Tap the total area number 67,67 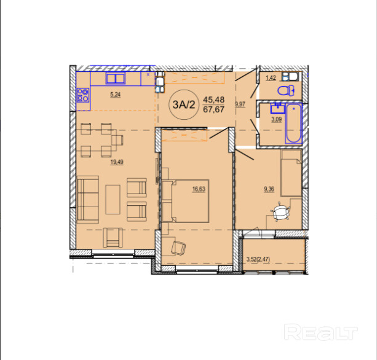213,109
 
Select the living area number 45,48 213,100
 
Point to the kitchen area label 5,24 116,95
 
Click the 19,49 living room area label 117,162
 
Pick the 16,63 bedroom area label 199,189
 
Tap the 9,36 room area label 269,189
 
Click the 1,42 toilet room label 271,77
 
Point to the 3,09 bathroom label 277,119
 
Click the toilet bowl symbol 286,90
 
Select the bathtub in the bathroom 293,123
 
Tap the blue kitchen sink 116,78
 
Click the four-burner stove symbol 83,95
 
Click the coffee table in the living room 113,199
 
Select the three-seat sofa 88,200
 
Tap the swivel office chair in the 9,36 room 280,212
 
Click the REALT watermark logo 321,332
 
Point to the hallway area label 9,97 240,104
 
